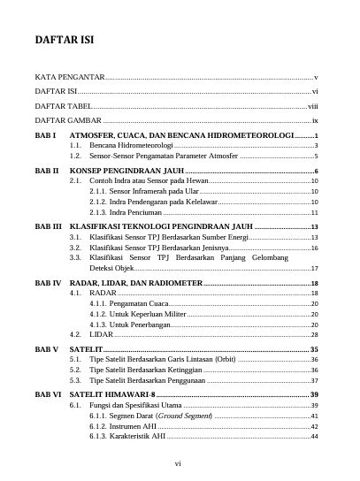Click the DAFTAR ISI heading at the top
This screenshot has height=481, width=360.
65,40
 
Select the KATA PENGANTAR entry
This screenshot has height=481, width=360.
70,78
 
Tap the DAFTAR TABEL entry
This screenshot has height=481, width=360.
64,105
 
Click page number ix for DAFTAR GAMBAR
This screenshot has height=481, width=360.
315,119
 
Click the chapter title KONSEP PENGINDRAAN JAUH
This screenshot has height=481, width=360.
126,170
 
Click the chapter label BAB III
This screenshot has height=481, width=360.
48,226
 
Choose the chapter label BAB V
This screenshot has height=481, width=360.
47,350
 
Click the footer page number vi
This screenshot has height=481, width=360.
178,462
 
